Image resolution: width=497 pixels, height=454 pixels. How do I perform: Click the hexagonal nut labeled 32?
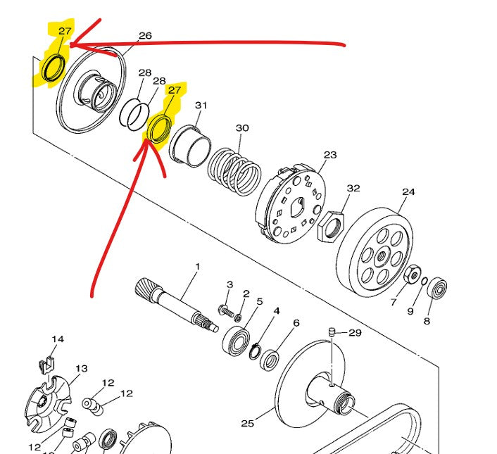(x=331, y=226)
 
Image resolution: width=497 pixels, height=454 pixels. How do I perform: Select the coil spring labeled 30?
(x=234, y=172)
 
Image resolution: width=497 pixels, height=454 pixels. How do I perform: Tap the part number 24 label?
(x=408, y=192)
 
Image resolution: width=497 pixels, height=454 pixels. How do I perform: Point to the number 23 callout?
(x=330, y=155)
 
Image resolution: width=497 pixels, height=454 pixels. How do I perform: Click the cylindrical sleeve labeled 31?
(x=190, y=146)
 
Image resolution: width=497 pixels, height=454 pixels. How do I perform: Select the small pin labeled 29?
(x=332, y=332)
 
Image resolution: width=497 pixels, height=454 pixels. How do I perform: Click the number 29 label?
(x=355, y=333)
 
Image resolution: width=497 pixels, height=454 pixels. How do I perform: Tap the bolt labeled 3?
(x=226, y=310)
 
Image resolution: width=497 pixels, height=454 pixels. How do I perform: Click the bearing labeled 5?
(x=236, y=341)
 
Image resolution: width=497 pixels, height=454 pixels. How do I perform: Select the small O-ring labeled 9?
(x=424, y=282)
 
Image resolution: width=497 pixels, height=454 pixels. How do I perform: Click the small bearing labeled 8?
(x=437, y=288)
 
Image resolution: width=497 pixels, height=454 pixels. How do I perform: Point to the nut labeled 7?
(x=412, y=275)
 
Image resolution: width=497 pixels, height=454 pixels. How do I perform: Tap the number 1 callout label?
(x=198, y=267)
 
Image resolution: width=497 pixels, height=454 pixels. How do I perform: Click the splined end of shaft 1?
(x=146, y=287)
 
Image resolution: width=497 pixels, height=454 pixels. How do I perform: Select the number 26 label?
(x=145, y=35)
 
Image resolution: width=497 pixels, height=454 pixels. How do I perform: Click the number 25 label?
(x=248, y=424)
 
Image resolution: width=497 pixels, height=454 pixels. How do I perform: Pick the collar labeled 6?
(x=270, y=360)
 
